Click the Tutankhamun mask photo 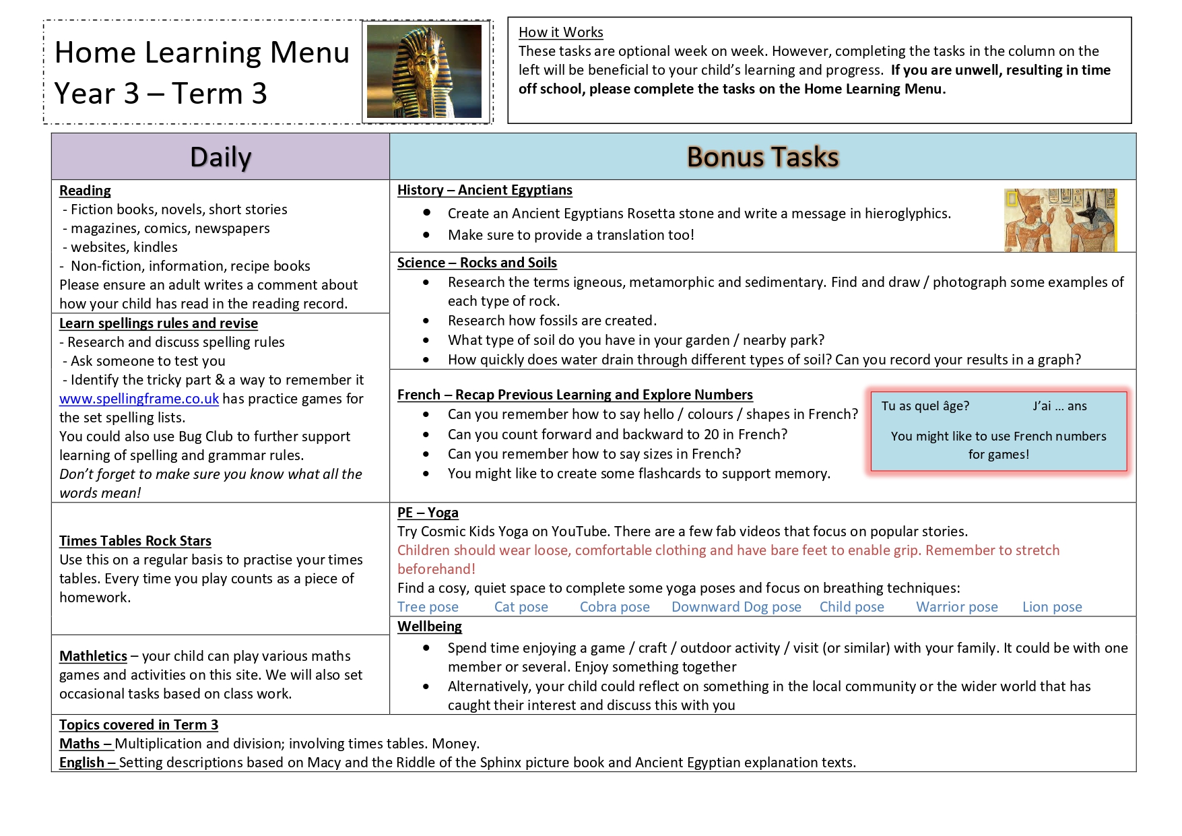pos(424,71)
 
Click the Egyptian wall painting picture pos(1059,220)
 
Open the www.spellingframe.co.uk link pos(139,399)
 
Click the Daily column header pos(220,157)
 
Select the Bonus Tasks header pos(762,157)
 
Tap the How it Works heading pos(560,32)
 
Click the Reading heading pos(85,191)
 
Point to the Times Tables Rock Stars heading pos(135,541)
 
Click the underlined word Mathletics pos(93,656)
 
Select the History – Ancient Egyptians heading pos(484,190)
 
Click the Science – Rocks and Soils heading pos(477,263)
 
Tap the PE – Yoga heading pos(428,513)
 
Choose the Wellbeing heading pos(430,626)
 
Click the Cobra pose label pos(614,607)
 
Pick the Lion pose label pos(1052,607)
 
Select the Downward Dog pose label pos(736,607)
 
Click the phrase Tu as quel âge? pos(925,406)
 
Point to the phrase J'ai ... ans pos(1059,406)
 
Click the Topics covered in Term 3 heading pos(139,725)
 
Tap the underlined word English pos(81,763)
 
